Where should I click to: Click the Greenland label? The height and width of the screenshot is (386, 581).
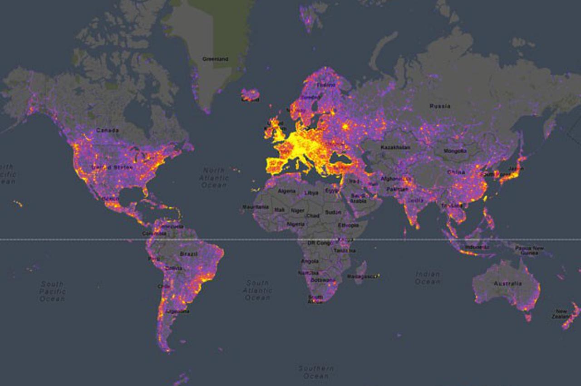tap(215, 59)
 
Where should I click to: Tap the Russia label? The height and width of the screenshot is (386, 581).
tap(440, 106)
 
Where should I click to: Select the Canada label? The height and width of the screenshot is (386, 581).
tap(108, 131)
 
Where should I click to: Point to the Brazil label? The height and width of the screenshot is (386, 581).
tap(188, 254)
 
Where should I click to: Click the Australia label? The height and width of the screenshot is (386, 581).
tap(507, 283)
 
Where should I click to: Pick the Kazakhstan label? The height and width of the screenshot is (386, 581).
tap(395, 147)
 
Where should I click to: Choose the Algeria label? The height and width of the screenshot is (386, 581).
tap(286, 191)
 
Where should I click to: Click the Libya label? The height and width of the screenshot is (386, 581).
tap(311, 193)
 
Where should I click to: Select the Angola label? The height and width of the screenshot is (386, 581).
tap(310, 261)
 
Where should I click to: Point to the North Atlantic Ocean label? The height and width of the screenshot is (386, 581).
tap(214, 177)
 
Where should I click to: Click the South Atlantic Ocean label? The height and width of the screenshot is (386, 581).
tap(257, 290)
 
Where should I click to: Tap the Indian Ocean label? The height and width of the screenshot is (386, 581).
tap(427, 278)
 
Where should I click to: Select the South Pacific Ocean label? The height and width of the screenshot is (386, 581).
tap(52, 291)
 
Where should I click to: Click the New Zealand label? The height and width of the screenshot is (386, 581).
tap(561, 314)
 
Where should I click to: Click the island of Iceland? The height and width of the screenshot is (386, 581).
tap(250, 94)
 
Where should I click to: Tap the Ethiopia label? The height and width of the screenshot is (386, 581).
tap(348, 225)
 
